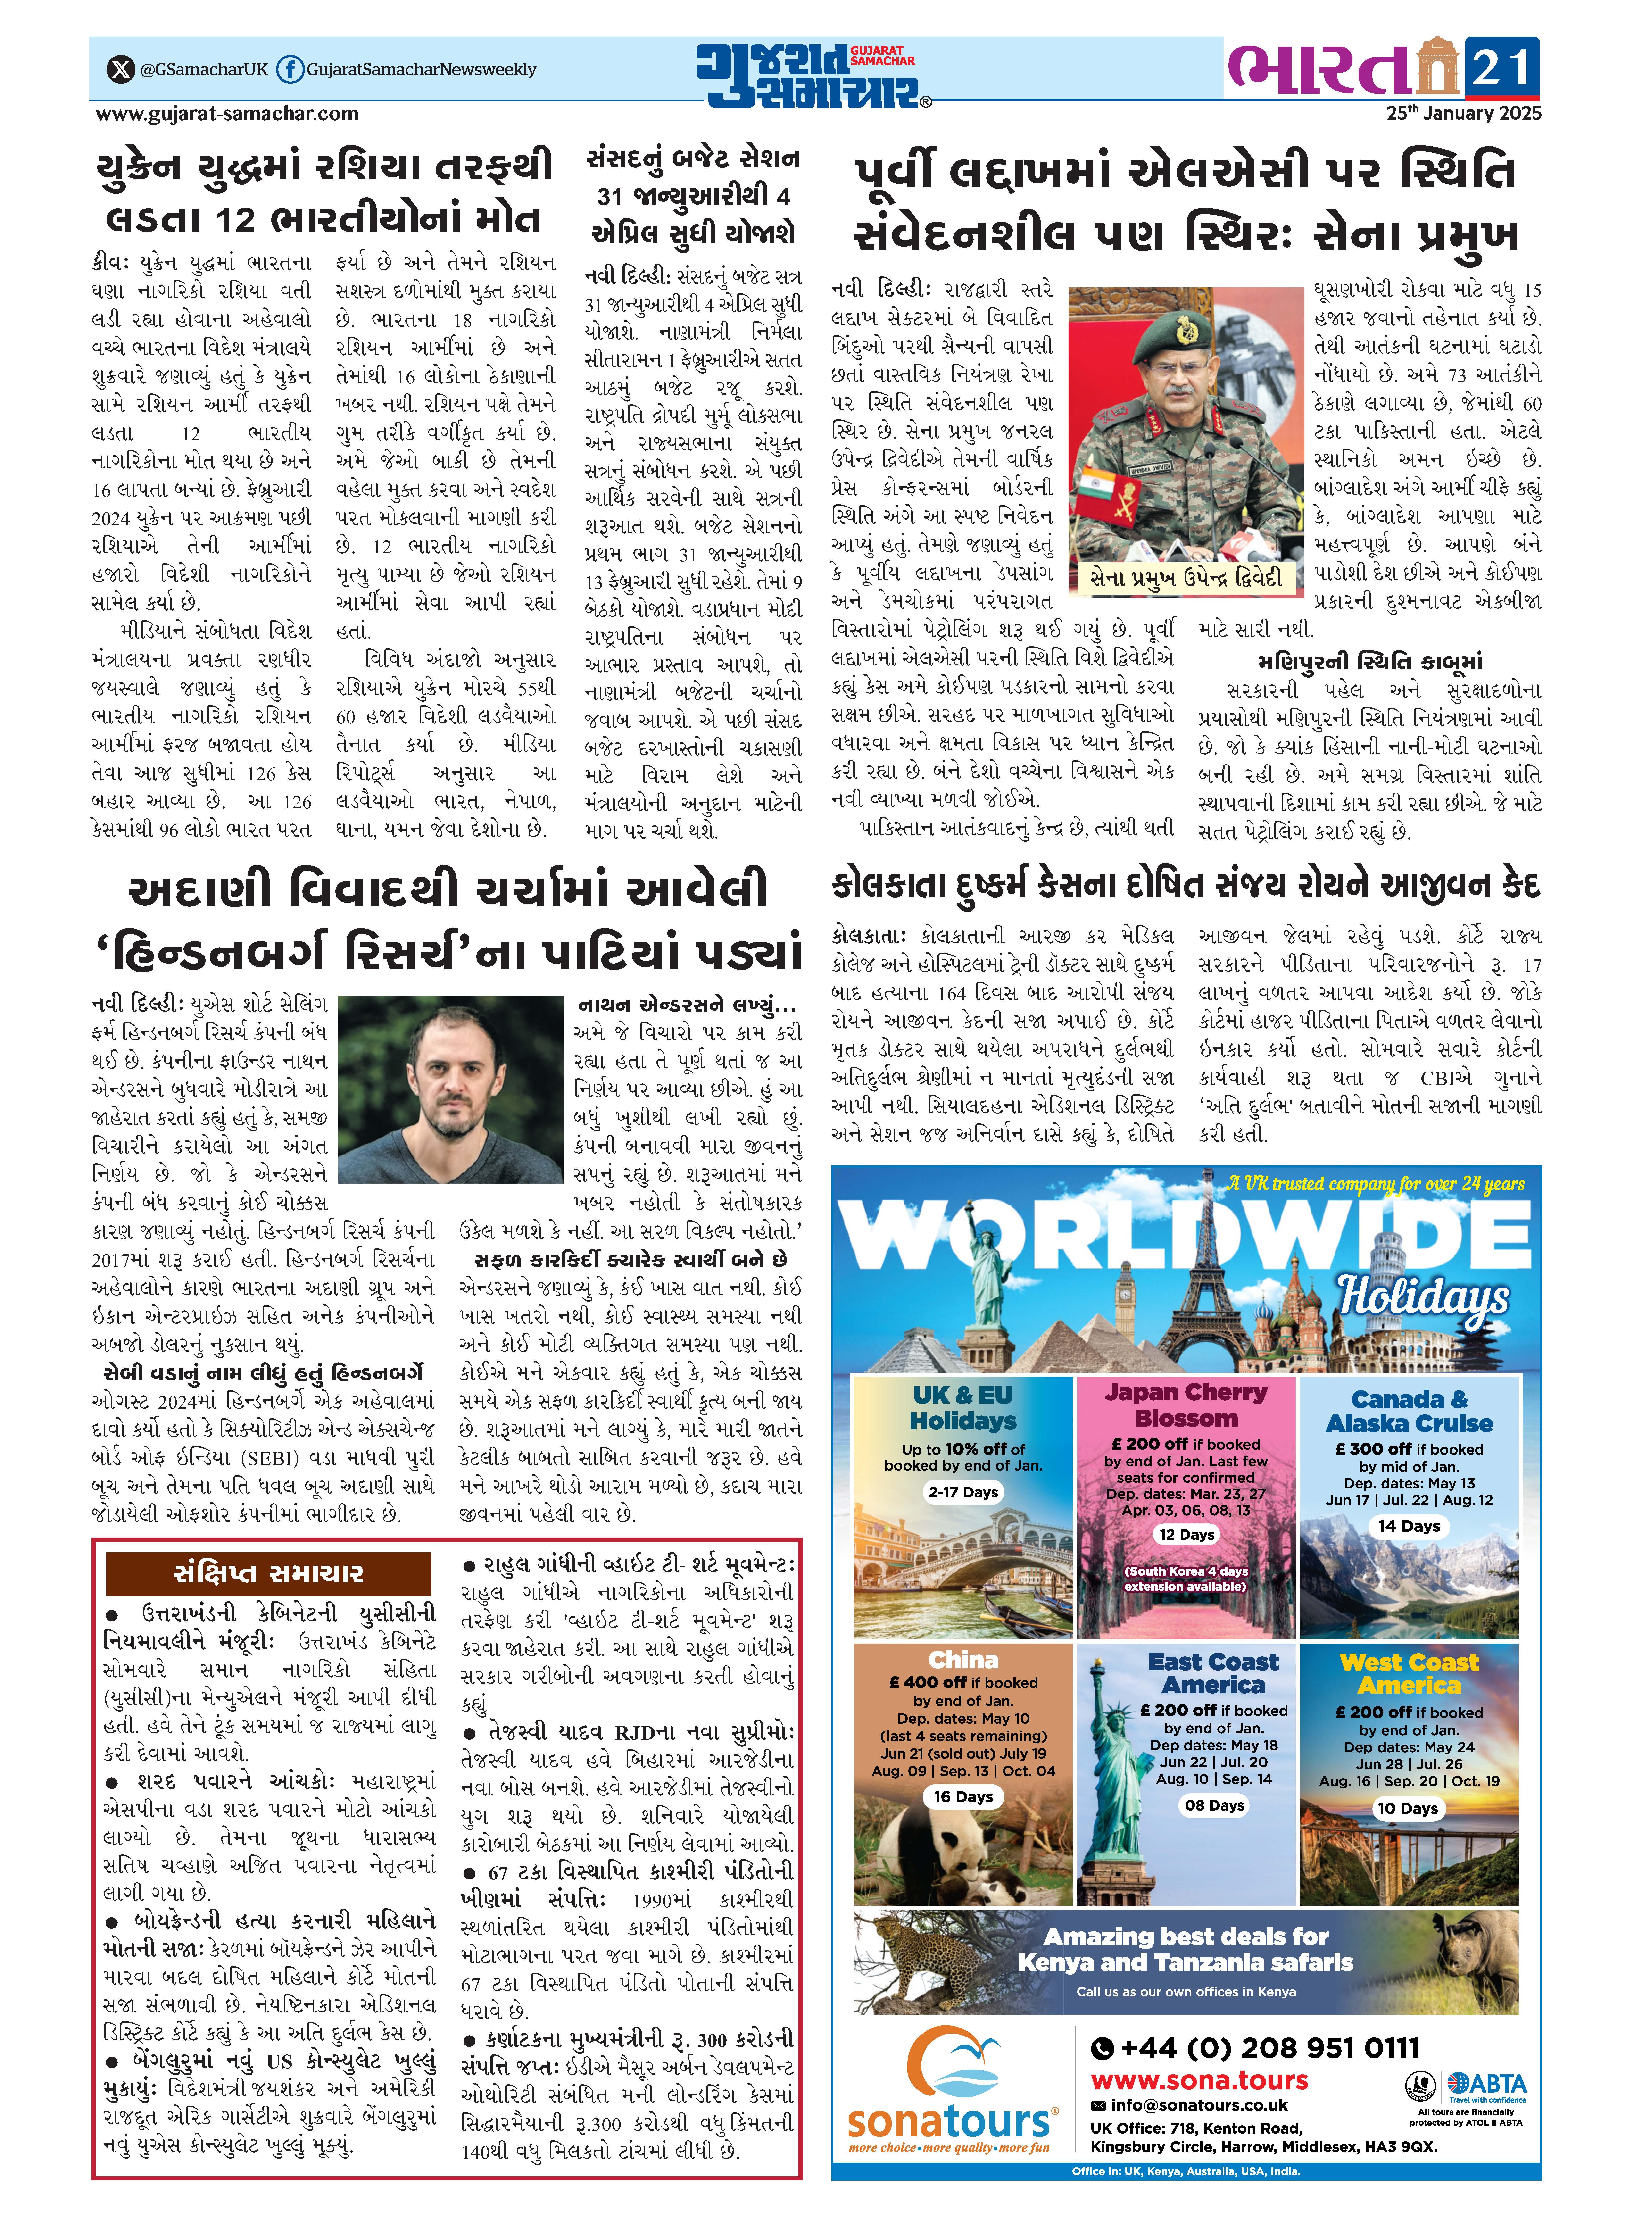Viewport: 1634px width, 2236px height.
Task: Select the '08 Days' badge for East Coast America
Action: click(x=1215, y=1805)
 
